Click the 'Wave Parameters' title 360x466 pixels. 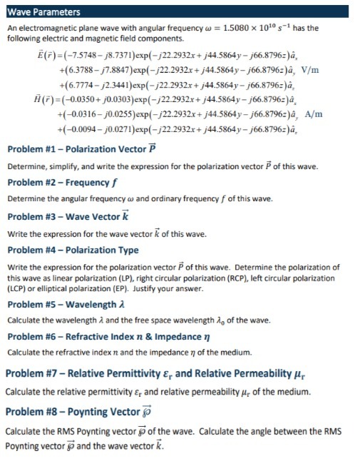click(x=44, y=12)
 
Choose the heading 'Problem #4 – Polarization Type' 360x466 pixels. click(x=73, y=250)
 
